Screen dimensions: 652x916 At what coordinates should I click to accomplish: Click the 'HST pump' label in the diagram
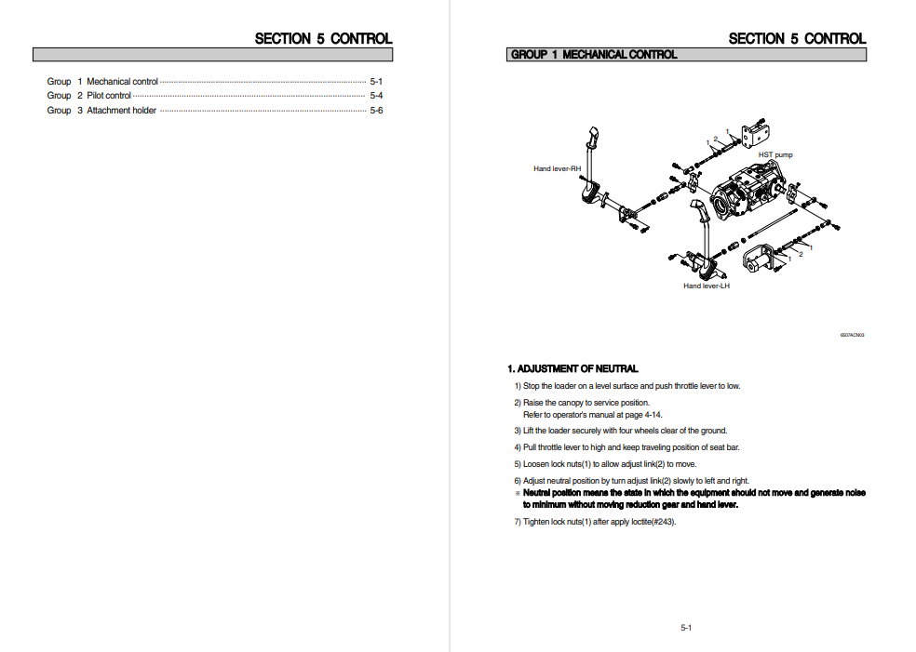775,154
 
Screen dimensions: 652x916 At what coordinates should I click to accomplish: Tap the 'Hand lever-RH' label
557,168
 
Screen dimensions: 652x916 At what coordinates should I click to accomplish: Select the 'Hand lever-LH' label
706,286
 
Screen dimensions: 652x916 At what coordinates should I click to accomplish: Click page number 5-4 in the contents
376,96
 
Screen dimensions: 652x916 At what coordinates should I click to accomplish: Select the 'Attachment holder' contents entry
121,111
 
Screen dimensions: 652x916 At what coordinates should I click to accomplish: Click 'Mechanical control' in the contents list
122,82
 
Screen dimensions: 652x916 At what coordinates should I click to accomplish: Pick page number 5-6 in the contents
376,111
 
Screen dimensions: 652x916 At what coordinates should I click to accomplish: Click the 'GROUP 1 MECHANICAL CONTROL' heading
594,55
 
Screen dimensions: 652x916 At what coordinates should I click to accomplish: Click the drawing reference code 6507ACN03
852,335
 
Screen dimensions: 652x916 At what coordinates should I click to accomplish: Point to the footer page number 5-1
685,628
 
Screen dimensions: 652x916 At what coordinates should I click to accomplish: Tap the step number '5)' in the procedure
517,463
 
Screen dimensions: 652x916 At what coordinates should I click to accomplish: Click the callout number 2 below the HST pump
801,254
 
